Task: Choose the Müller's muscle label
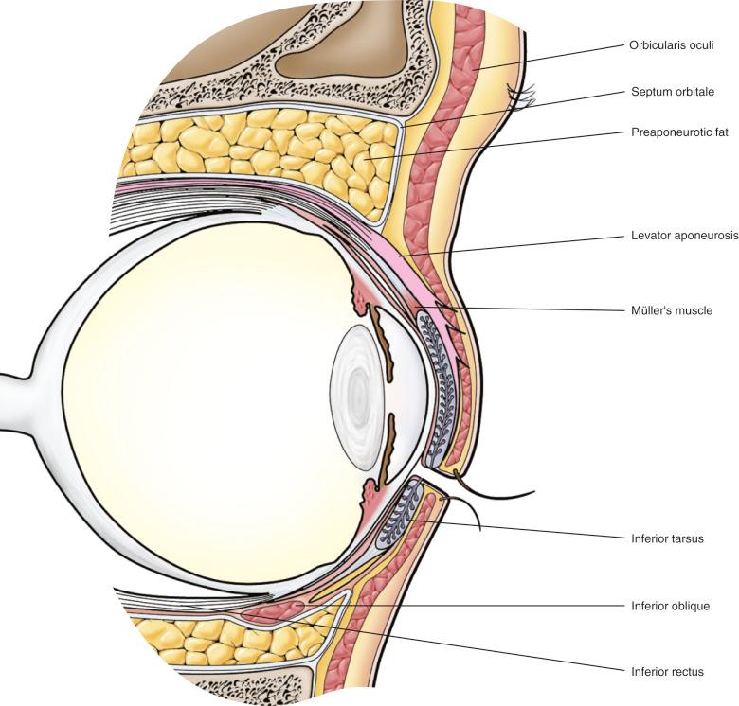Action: tap(671, 309)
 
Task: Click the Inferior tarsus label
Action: tap(666, 538)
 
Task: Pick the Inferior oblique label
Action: tap(670, 605)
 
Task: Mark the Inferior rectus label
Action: tap(667, 672)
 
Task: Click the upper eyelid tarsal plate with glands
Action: tap(445, 388)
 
